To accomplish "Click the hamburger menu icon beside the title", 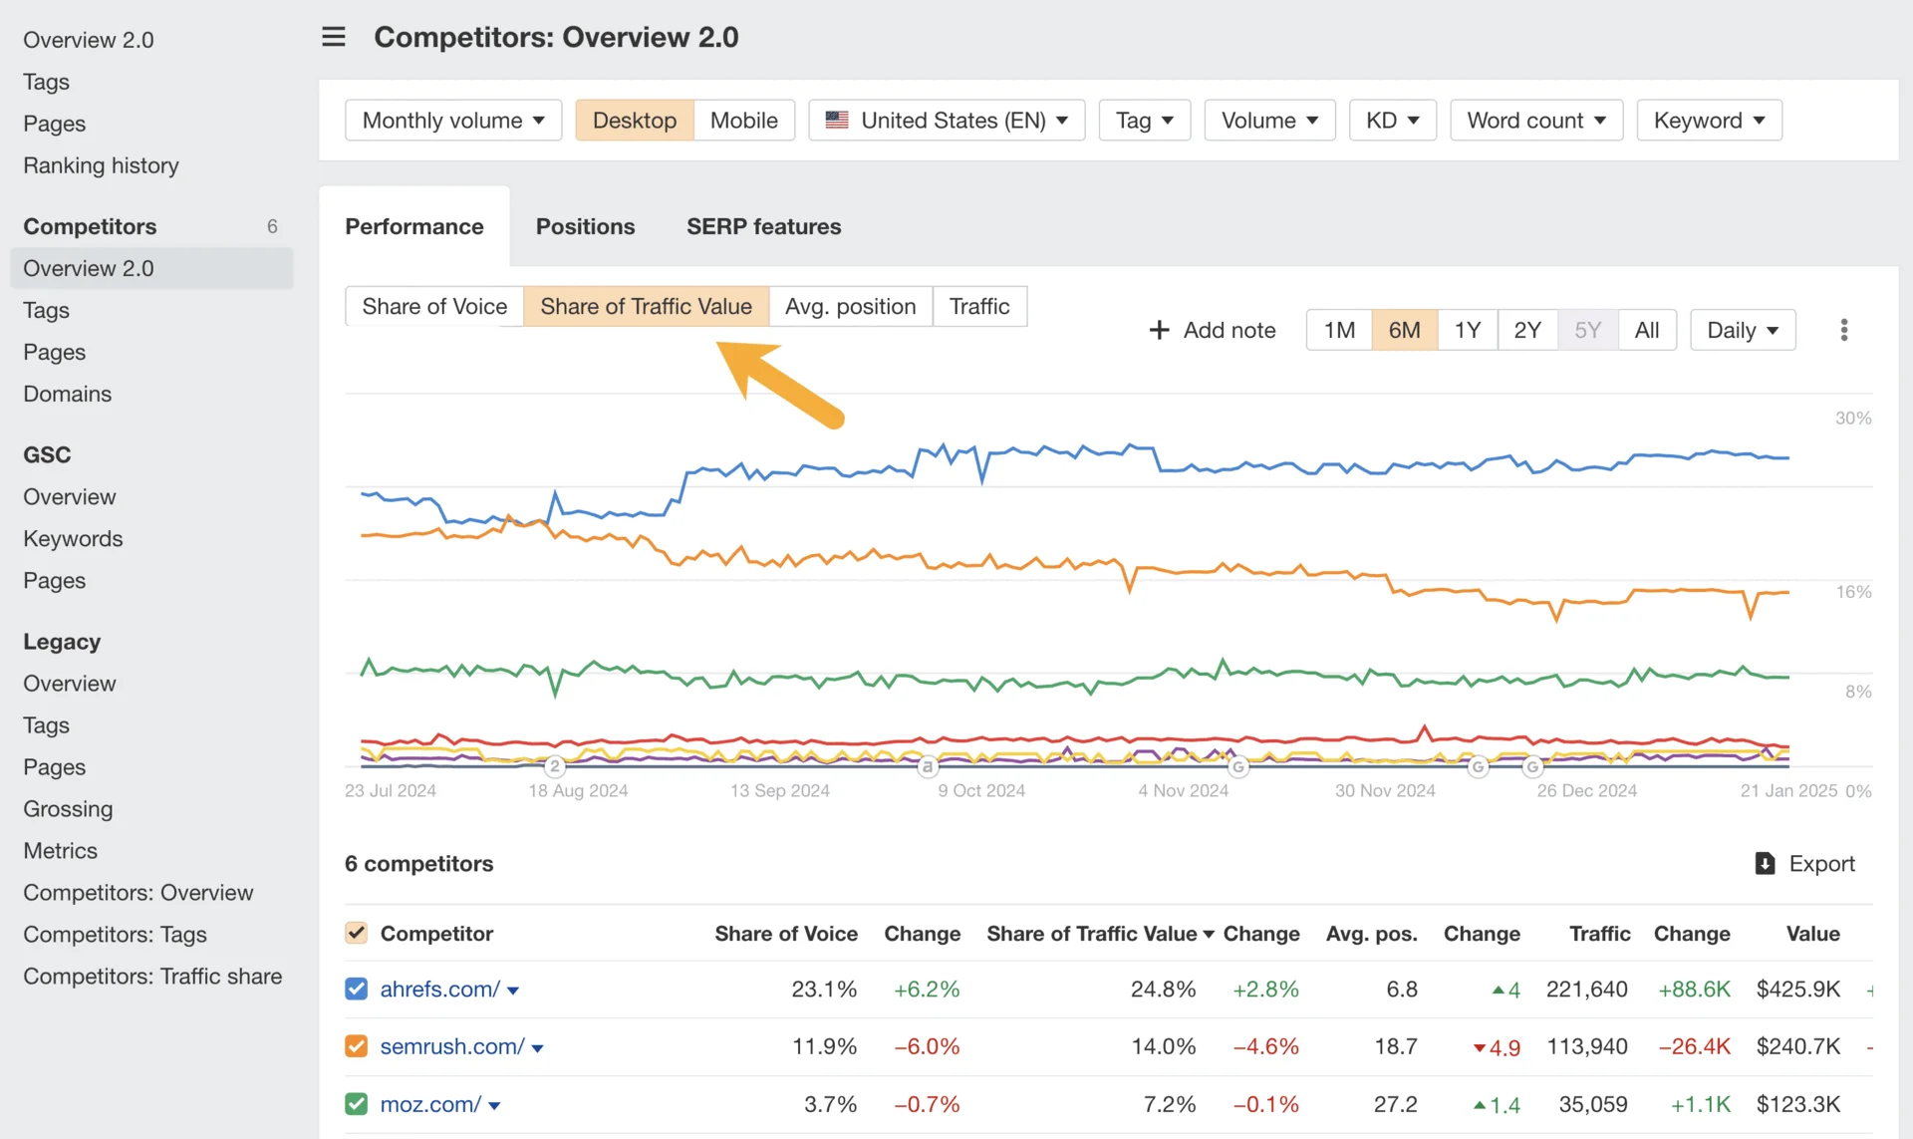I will [334, 37].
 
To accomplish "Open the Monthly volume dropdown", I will [453, 121].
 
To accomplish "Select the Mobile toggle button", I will [743, 121].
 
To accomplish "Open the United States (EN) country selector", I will [947, 121].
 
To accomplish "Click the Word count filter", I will [1535, 121].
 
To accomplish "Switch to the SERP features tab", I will [763, 226].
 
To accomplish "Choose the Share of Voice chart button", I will [434, 306].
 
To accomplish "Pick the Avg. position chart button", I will [850, 306].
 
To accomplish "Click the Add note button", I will [1213, 330].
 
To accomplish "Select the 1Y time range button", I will [1467, 330].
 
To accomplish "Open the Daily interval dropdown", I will [1742, 330].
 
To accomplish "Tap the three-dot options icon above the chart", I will [1843, 330].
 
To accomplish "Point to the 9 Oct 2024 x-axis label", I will [980, 790].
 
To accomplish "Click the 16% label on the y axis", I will [1853, 592].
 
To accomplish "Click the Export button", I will [1804, 863].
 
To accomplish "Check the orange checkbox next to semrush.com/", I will [357, 1046].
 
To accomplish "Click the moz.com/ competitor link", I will [430, 1104].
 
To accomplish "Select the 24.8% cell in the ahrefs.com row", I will [1163, 989].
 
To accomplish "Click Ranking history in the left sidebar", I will [101, 165].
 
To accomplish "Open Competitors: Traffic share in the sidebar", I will [152, 977].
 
